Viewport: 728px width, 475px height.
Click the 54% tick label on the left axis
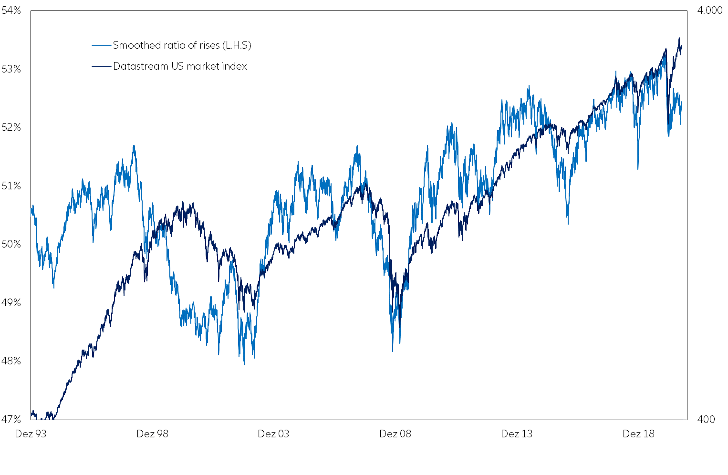(x=11, y=10)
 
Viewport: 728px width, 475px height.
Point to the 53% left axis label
(x=11, y=69)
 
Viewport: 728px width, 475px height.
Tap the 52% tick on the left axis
(x=11, y=127)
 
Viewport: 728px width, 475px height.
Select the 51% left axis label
(x=11, y=186)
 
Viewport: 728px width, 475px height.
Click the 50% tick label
(x=11, y=244)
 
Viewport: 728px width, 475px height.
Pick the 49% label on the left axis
(x=11, y=303)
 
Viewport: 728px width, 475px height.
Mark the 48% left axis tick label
(x=11, y=361)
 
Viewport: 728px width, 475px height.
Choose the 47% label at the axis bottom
(x=11, y=420)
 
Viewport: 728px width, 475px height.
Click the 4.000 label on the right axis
(x=709, y=10)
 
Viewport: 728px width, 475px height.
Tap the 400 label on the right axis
(x=706, y=420)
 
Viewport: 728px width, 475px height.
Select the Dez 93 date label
(x=31, y=434)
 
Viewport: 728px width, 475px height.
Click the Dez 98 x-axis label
(x=152, y=434)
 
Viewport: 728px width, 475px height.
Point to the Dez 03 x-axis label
(x=273, y=434)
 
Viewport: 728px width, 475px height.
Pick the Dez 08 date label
(x=395, y=434)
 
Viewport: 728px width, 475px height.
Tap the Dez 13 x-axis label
(x=517, y=434)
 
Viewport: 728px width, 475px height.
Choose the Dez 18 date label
(x=638, y=434)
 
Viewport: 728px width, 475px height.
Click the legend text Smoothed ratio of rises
(x=182, y=45)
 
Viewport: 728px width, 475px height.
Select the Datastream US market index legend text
(x=180, y=66)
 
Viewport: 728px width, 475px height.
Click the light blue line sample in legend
(x=101, y=46)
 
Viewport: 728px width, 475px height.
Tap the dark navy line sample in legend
(x=101, y=67)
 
